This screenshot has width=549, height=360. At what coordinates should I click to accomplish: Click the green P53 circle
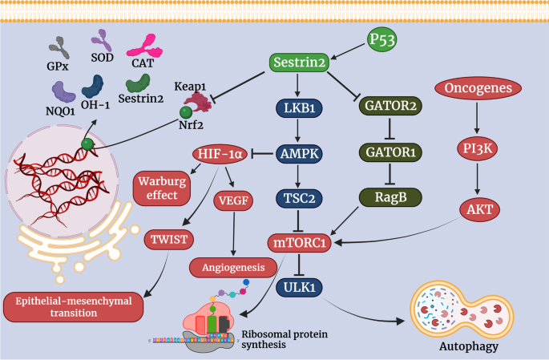(382, 39)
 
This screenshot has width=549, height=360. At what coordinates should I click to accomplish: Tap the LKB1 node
(299, 107)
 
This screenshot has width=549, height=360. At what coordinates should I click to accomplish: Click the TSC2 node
(299, 197)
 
